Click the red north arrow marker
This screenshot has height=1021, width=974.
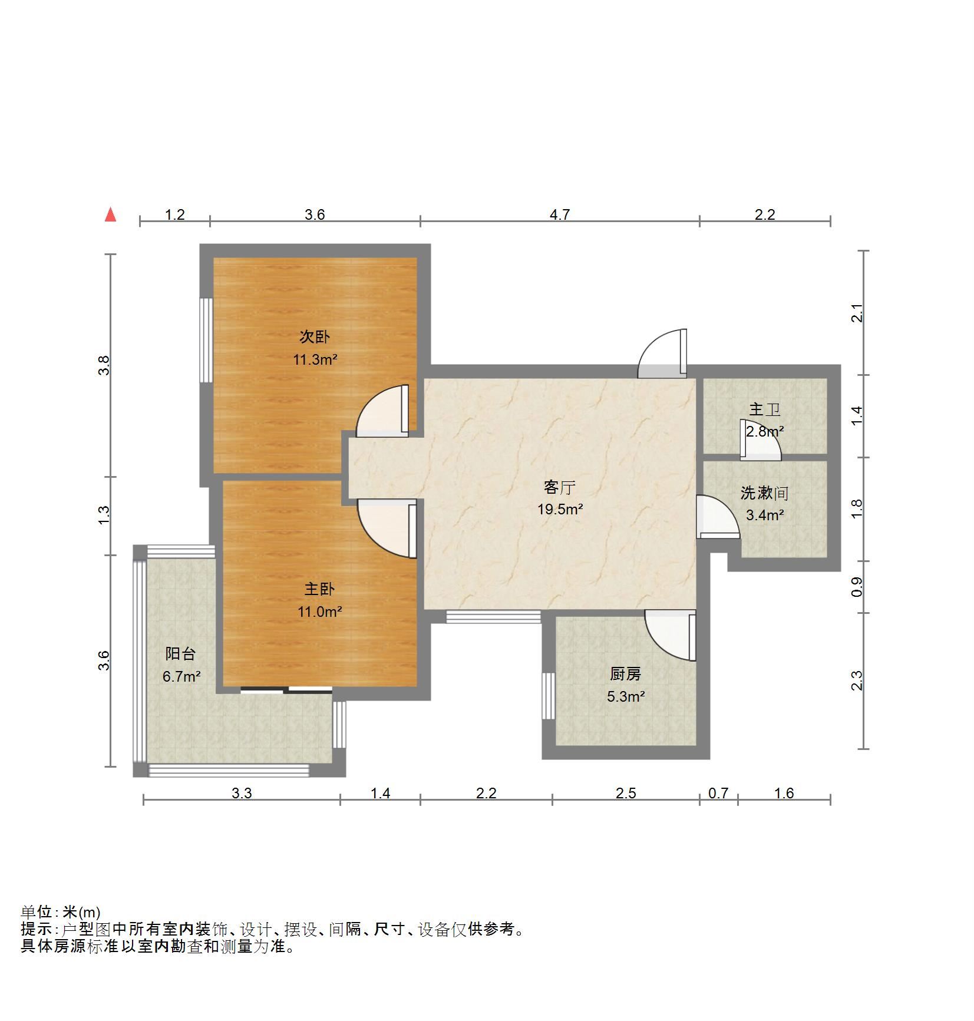click(x=110, y=215)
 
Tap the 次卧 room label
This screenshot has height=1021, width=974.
click(x=315, y=337)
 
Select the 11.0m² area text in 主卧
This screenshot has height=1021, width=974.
click(x=319, y=612)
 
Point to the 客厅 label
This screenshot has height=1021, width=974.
click(x=559, y=487)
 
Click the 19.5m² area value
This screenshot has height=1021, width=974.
click(x=560, y=510)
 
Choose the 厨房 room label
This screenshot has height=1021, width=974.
click(x=625, y=673)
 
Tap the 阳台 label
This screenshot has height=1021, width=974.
click(x=180, y=653)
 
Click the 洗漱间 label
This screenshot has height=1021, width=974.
click(x=764, y=493)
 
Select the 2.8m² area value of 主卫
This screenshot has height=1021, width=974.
click(x=765, y=431)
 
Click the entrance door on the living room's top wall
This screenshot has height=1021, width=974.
click(x=662, y=353)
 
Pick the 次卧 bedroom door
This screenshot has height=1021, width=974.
click(x=382, y=411)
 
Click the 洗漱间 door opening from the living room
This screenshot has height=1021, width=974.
click(x=718, y=517)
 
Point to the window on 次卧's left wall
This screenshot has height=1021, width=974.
click(x=206, y=340)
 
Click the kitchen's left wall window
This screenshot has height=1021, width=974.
click(x=549, y=696)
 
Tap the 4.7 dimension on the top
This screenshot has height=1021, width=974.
click(x=560, y=214)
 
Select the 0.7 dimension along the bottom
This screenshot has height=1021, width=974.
click(x=718, y=793)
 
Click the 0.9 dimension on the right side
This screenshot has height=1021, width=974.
click(x=857, y=587)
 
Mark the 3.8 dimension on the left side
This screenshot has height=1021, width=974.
click(x=104, y=366)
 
